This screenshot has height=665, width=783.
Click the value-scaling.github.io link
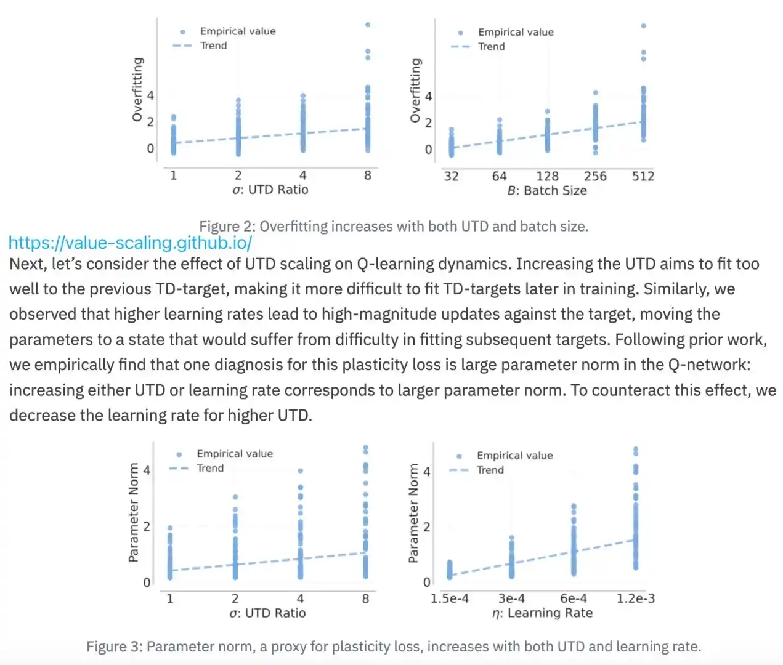point(130,243)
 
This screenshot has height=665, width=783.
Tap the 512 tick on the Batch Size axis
point(643,177)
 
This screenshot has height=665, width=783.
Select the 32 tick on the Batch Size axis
point(451,177)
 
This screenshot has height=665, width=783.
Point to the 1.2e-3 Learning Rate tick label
point(635,598)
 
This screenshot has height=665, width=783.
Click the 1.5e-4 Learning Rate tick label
point(449,598)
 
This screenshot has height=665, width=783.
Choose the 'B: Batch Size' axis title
point(547,191)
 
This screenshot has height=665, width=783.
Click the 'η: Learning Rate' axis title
point(542,613)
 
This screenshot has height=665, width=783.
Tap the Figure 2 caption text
point(393,226)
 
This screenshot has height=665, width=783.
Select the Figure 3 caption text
point(393,647)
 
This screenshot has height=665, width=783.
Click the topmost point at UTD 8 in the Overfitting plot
point(368,25)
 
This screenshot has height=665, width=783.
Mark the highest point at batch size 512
point(643,26)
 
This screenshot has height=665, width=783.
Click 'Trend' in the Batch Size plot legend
point(491,47)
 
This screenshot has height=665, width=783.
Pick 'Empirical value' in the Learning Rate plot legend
point(514,456)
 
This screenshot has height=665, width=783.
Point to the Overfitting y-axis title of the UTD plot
point(137,89)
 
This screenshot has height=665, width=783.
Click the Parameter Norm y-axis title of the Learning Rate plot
point(413,513)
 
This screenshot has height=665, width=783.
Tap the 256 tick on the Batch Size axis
point(595,177)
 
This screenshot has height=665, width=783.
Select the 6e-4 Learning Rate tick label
point(573,598)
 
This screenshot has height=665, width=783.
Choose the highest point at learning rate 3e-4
point(511,538)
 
